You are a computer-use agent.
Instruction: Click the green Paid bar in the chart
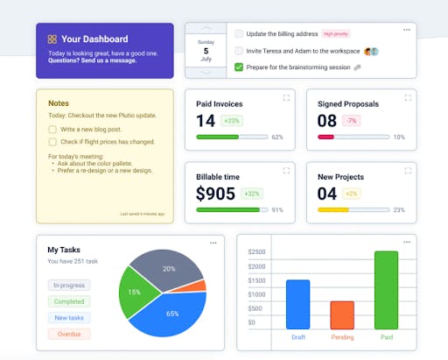pos(386,290)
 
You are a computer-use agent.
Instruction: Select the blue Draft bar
pos(297,304)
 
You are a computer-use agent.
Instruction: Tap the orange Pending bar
pos(342,314)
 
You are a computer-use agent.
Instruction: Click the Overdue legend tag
pos(69,334)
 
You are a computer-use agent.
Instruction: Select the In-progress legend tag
pos(69,286)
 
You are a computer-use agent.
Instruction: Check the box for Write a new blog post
pos(52,129)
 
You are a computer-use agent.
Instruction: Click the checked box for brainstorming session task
pos(239,67)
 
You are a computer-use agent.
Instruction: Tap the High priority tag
pos(336,34)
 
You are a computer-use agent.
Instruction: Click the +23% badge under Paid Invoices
pos(232,121)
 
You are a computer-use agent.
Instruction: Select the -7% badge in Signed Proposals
pos(352,121)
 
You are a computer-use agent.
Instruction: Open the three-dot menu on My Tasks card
pos(213,243)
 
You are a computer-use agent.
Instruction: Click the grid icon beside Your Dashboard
pos(52,39)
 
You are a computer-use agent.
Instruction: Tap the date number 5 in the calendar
pos(206,51)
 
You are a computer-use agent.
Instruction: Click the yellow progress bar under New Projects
pos(333,210)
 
